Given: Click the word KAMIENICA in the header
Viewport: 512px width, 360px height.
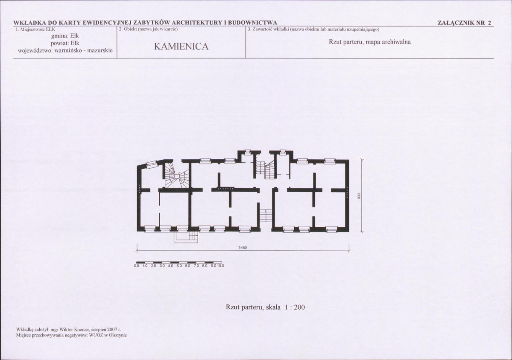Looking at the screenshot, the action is (181, 47).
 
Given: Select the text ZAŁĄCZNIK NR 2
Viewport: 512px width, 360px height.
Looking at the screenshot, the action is (464, 23).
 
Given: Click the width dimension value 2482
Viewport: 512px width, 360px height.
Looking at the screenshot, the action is (243, 248).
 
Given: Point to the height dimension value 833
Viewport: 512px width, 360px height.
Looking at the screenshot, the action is (359, 196).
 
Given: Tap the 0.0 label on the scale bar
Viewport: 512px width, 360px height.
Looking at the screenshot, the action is (137, 266).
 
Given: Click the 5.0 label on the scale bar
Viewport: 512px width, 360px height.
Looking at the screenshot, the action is (179, 266).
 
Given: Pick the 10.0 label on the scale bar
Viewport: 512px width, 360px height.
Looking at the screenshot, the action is (220, 266).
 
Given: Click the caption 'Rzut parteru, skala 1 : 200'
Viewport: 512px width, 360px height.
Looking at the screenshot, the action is (265, 307).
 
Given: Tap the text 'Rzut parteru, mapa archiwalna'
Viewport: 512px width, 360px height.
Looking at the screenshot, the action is (370, 42).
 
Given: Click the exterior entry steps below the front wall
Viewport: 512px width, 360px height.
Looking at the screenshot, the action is (186, 237).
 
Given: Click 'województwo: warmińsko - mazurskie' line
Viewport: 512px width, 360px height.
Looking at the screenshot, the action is (65, 51).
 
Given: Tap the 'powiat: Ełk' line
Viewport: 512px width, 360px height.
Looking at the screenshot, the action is (65, 43).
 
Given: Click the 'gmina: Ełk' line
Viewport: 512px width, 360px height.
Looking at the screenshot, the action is (65, 35).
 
